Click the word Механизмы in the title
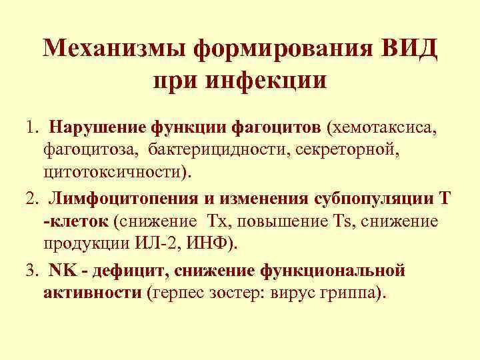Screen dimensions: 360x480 click(113, 48)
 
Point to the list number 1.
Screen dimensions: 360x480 click(31, 127)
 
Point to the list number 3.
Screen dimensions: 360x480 click(31, 269)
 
